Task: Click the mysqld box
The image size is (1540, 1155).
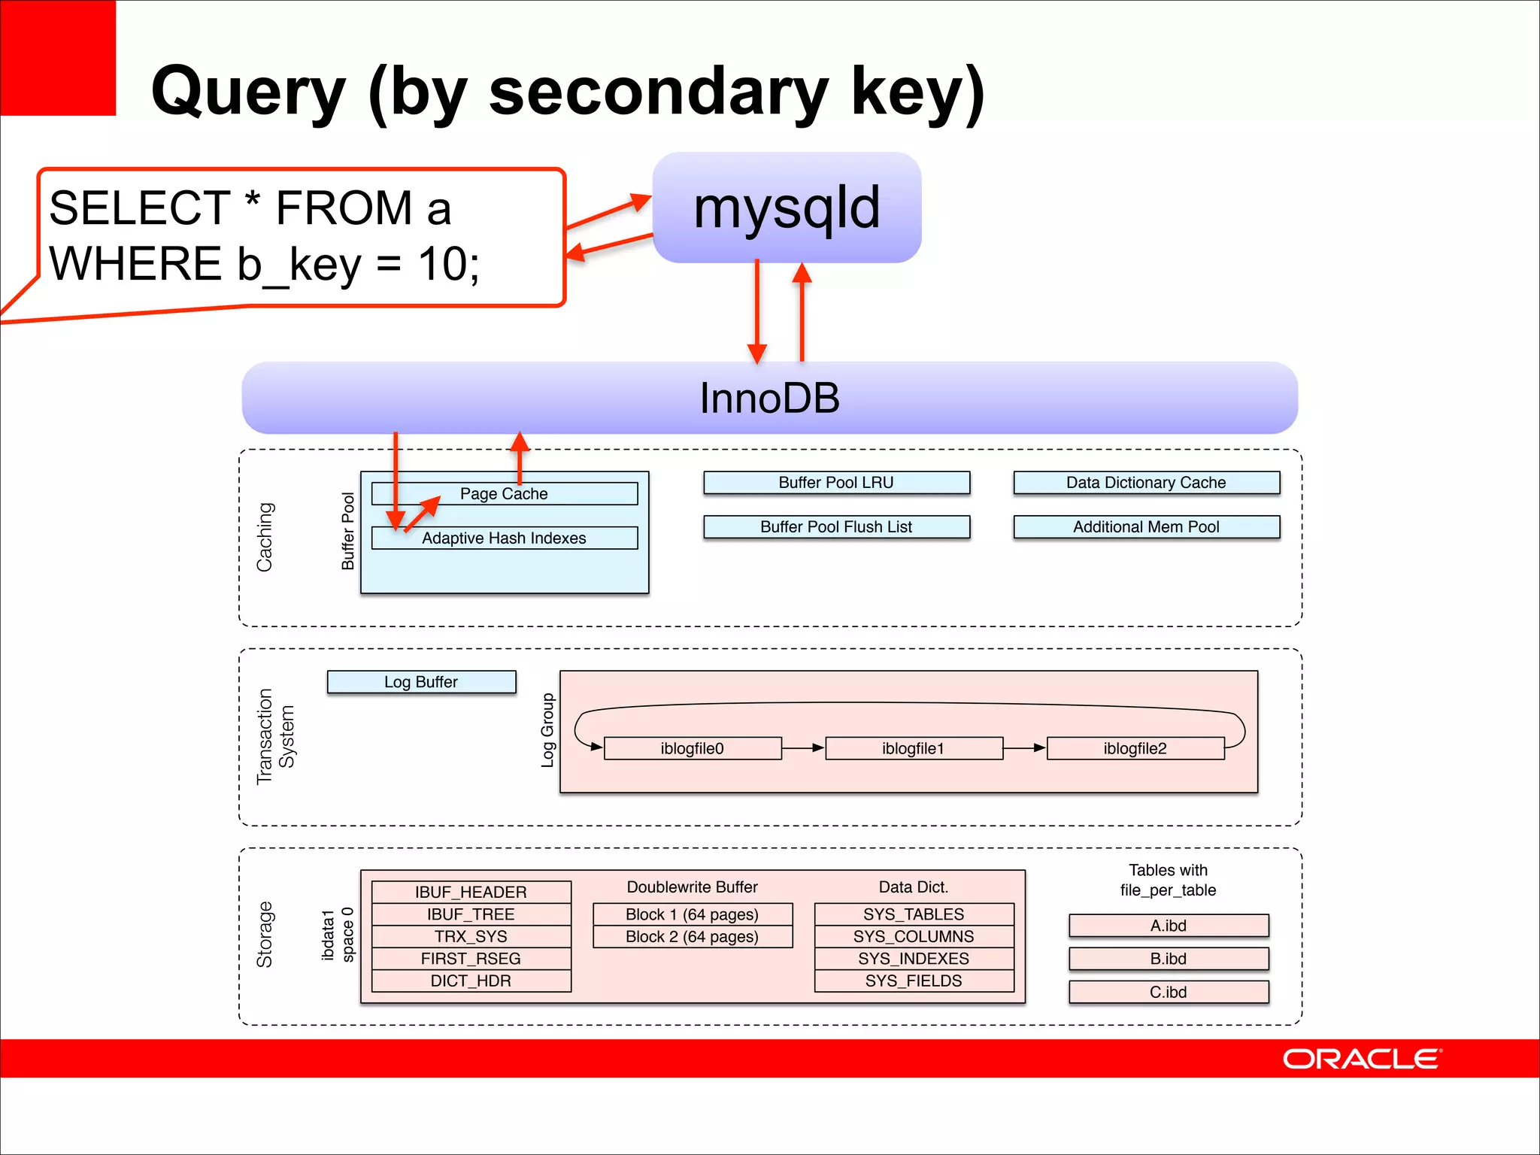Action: tap(787, 208)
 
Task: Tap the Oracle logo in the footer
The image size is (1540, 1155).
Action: tap(1361, 1059)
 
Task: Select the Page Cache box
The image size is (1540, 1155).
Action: tap(504, 494)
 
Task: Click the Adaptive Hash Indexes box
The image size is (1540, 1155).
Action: tap(504, 538)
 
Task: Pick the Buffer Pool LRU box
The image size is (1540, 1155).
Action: tap(836, 483)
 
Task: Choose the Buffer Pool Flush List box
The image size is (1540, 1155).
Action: tap(836, 527)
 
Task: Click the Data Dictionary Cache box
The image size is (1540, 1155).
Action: tap(1146, 483)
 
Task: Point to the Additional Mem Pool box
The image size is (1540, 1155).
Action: tap(1146, 527)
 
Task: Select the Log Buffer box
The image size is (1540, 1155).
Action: tap(421, 682)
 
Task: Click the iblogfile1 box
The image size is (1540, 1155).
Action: tap(914, 749)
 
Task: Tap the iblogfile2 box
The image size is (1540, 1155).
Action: tap(1135, 749)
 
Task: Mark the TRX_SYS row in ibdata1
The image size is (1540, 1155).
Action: tap(471, 936)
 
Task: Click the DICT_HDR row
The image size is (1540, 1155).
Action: tap(471, 981)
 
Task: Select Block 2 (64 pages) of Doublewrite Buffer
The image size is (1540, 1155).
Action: tap(692, 937)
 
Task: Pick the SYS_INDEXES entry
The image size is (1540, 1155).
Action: tap(914, 959)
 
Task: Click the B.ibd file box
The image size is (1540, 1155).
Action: tap(1168, 959)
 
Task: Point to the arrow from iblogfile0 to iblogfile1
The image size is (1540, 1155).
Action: tap(803, 748)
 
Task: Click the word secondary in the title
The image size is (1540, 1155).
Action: tap(658, 92)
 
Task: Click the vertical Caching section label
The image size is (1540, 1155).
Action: tap(265, 537)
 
